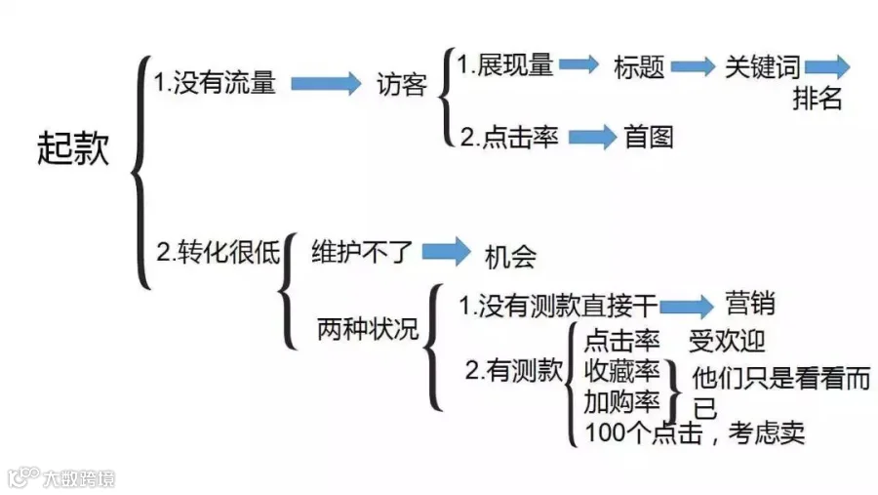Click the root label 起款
[x=73, y=148]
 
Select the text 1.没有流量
[x=215, y=82]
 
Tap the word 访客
[x=402, y=85]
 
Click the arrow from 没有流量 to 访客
[x=326, y=84]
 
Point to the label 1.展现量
[x=505, y=65]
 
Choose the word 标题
[x=639, y=67]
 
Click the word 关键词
[x=763, y=67]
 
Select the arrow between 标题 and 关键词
[x=694, y=66]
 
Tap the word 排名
[x=818, y=99]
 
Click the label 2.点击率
[x=509, y=137]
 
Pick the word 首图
[x=649, y=138]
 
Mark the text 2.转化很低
[x=218, y=252]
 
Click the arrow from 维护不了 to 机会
[x=446, y=251]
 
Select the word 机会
[x=510, y=258]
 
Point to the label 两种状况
[x=368, y=328]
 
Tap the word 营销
[x=750, y=304]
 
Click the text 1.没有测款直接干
[x=558, y=307]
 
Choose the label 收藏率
[x=621, y=371]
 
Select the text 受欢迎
[x=727, y=341]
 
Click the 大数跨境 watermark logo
[x=61, y=477]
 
